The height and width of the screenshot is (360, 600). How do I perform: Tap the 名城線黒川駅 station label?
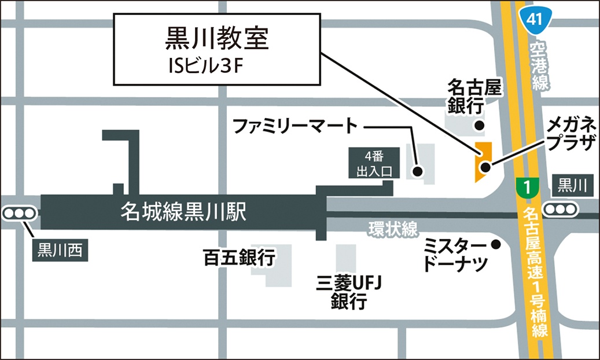[x=183, y=212]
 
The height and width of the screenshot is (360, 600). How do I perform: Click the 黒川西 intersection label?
[x=60, y=251]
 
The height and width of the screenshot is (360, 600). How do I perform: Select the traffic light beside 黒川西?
[x=19, y=214]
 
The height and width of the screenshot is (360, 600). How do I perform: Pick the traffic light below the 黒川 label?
[x=561, y=209]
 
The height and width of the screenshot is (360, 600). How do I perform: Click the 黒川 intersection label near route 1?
[x=572, y=186]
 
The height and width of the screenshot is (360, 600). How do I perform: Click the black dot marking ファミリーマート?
[x=417, y=171]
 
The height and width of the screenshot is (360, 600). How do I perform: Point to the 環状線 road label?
[x=393, y=230]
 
